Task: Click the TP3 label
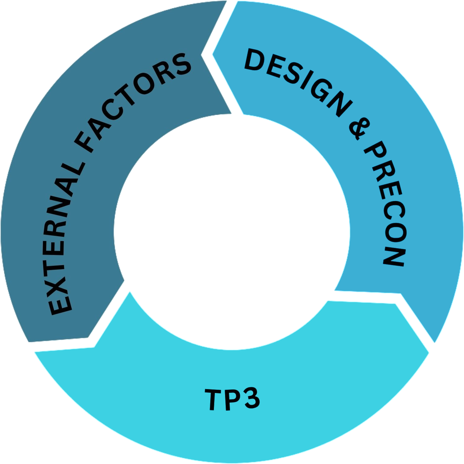pyautogui.click(x=232, y=399)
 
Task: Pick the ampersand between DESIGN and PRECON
pyautogui.click(x=360, y=128)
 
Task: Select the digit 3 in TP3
pyautogui.click(x=250, y=398)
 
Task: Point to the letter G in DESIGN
pyautogui.click(x=321, y=92)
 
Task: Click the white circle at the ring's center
pyautogui.click(x=232, y=232)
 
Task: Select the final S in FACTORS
pyautogui.click(x=181, y=65)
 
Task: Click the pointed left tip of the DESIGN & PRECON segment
pyautogui.click(x=213, y=55)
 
